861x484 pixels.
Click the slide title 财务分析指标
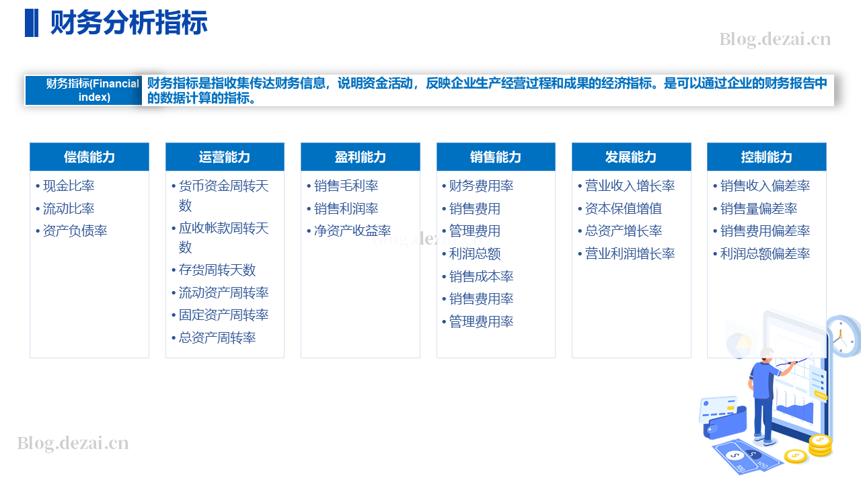[x=128, y=23]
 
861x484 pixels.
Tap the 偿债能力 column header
[x=89, y=157]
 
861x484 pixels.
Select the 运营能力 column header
[x=225, y=157]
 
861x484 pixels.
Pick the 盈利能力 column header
[x=360, y=157]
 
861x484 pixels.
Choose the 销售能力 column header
[x=496, y=157]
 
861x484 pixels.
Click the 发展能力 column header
[x=631, y=157]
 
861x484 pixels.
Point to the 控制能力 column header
[x=766, y=157]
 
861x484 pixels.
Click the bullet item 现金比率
[x=69, y=186]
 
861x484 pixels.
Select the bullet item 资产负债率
[x=75, y=231]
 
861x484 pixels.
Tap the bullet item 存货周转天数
[x=217, y=270]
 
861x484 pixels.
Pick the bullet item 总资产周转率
[x=217, y=337]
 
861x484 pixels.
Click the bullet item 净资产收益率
[x=352, y=231]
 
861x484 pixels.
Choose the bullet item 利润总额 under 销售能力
[x=475, y=254]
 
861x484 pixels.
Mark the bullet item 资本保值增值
[x=624, y=208]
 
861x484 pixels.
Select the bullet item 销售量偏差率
[x=759, y=208]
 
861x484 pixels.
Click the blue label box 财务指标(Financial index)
[x=83, y=90]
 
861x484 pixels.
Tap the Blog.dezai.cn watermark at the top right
[x=775, y=39]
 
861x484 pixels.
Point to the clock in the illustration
[x=844, y=336]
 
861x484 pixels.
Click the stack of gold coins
[x=820, y=446]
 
